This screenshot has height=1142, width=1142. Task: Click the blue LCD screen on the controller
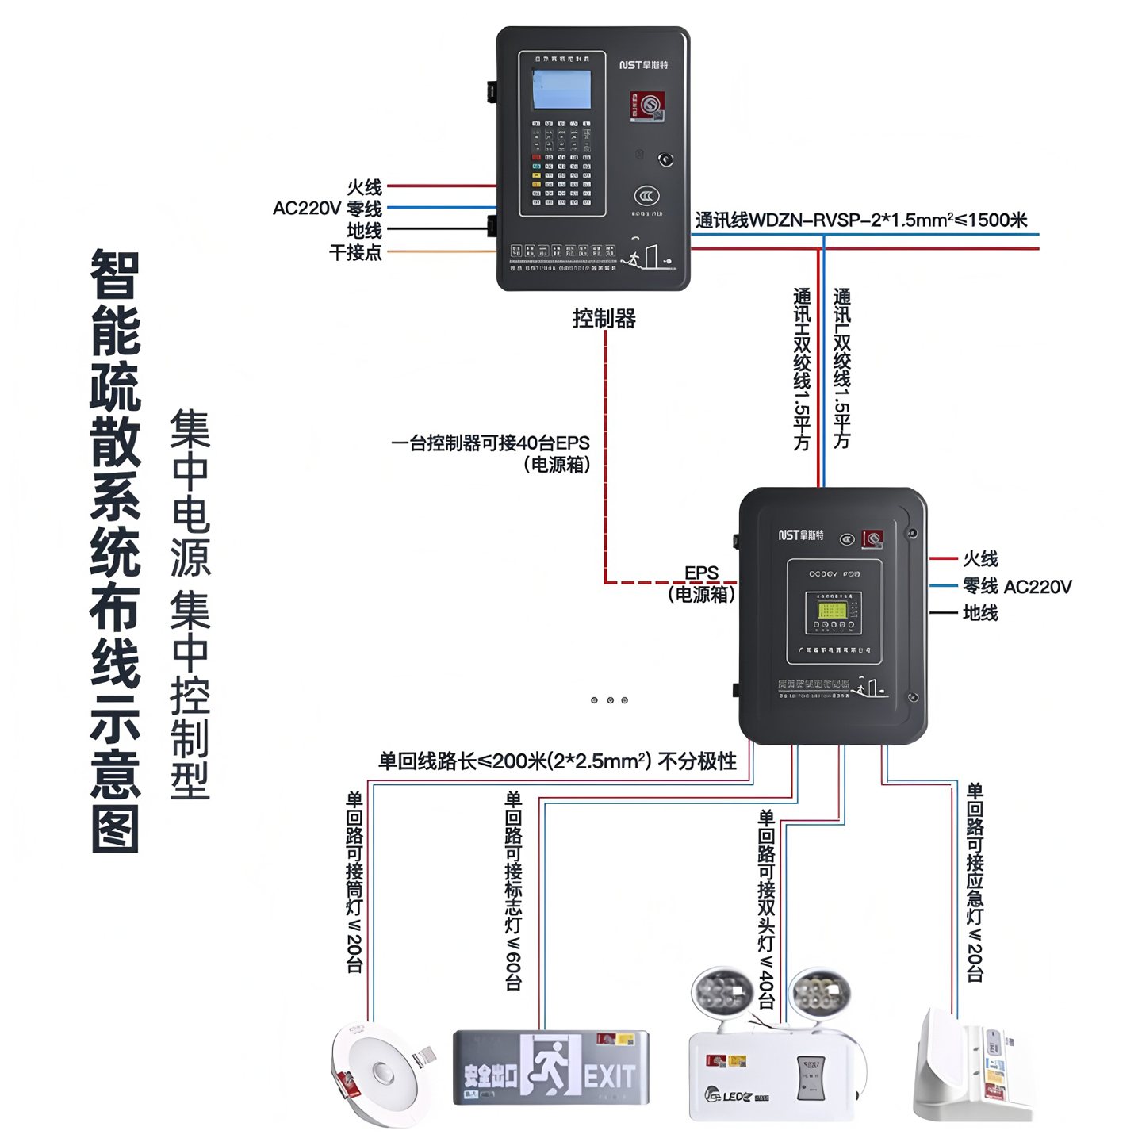[561, 89]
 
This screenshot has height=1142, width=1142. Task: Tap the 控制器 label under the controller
[604, 319]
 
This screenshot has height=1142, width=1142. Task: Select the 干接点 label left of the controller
[355, 253]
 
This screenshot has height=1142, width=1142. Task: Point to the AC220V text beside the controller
[306, 209]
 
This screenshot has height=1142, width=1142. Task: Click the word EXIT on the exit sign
[609, 1076]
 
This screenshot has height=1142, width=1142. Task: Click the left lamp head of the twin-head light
[722, 991]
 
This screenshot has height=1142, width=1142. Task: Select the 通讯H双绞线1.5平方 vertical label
[802, 369]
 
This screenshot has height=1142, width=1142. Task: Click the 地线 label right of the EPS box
[980, 613]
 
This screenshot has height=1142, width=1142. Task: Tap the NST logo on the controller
[643, 65]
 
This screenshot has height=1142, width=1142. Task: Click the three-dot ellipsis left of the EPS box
[609, 700]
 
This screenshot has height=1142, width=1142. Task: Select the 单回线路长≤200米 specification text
[557, 761]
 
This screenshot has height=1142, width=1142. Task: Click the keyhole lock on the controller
[666, 160]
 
